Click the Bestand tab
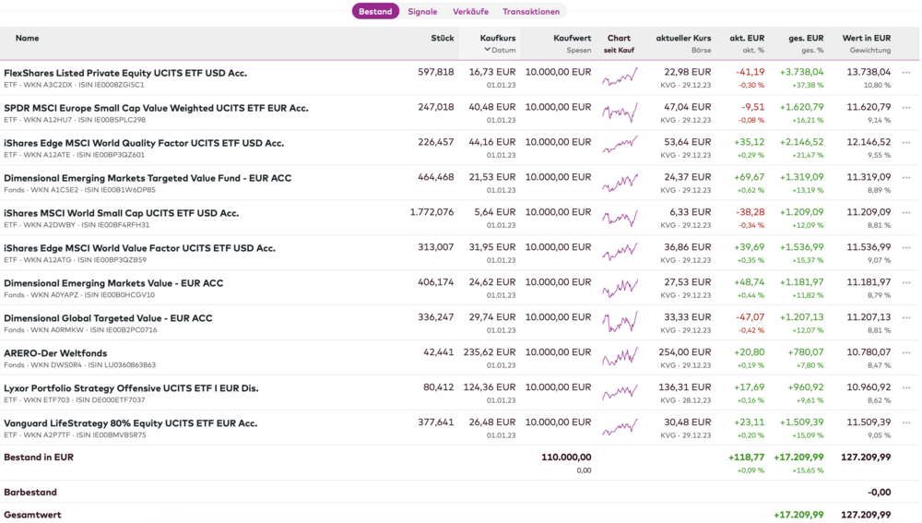tap(375, 12)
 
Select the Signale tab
tap(422, 12)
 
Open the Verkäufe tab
tap(470, 12)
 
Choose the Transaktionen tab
tap(531, 12)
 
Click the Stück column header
tap(443, 38)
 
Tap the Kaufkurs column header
tap(498, 38)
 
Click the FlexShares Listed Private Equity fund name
tap(125, 73)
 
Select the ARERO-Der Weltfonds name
tap(55, 353)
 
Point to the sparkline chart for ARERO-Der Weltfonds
tap(620, 357)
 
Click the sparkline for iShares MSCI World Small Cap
tap(620, 217)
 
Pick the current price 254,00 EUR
tap(686, 352)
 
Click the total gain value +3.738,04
tap(801, 72)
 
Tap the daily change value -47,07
tap(750, 317)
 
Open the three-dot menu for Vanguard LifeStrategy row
tap(906, 423)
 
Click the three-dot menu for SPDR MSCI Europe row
tap(906, 108)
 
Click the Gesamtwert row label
tap(32, 515)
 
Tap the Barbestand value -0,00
tap(879, 493)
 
